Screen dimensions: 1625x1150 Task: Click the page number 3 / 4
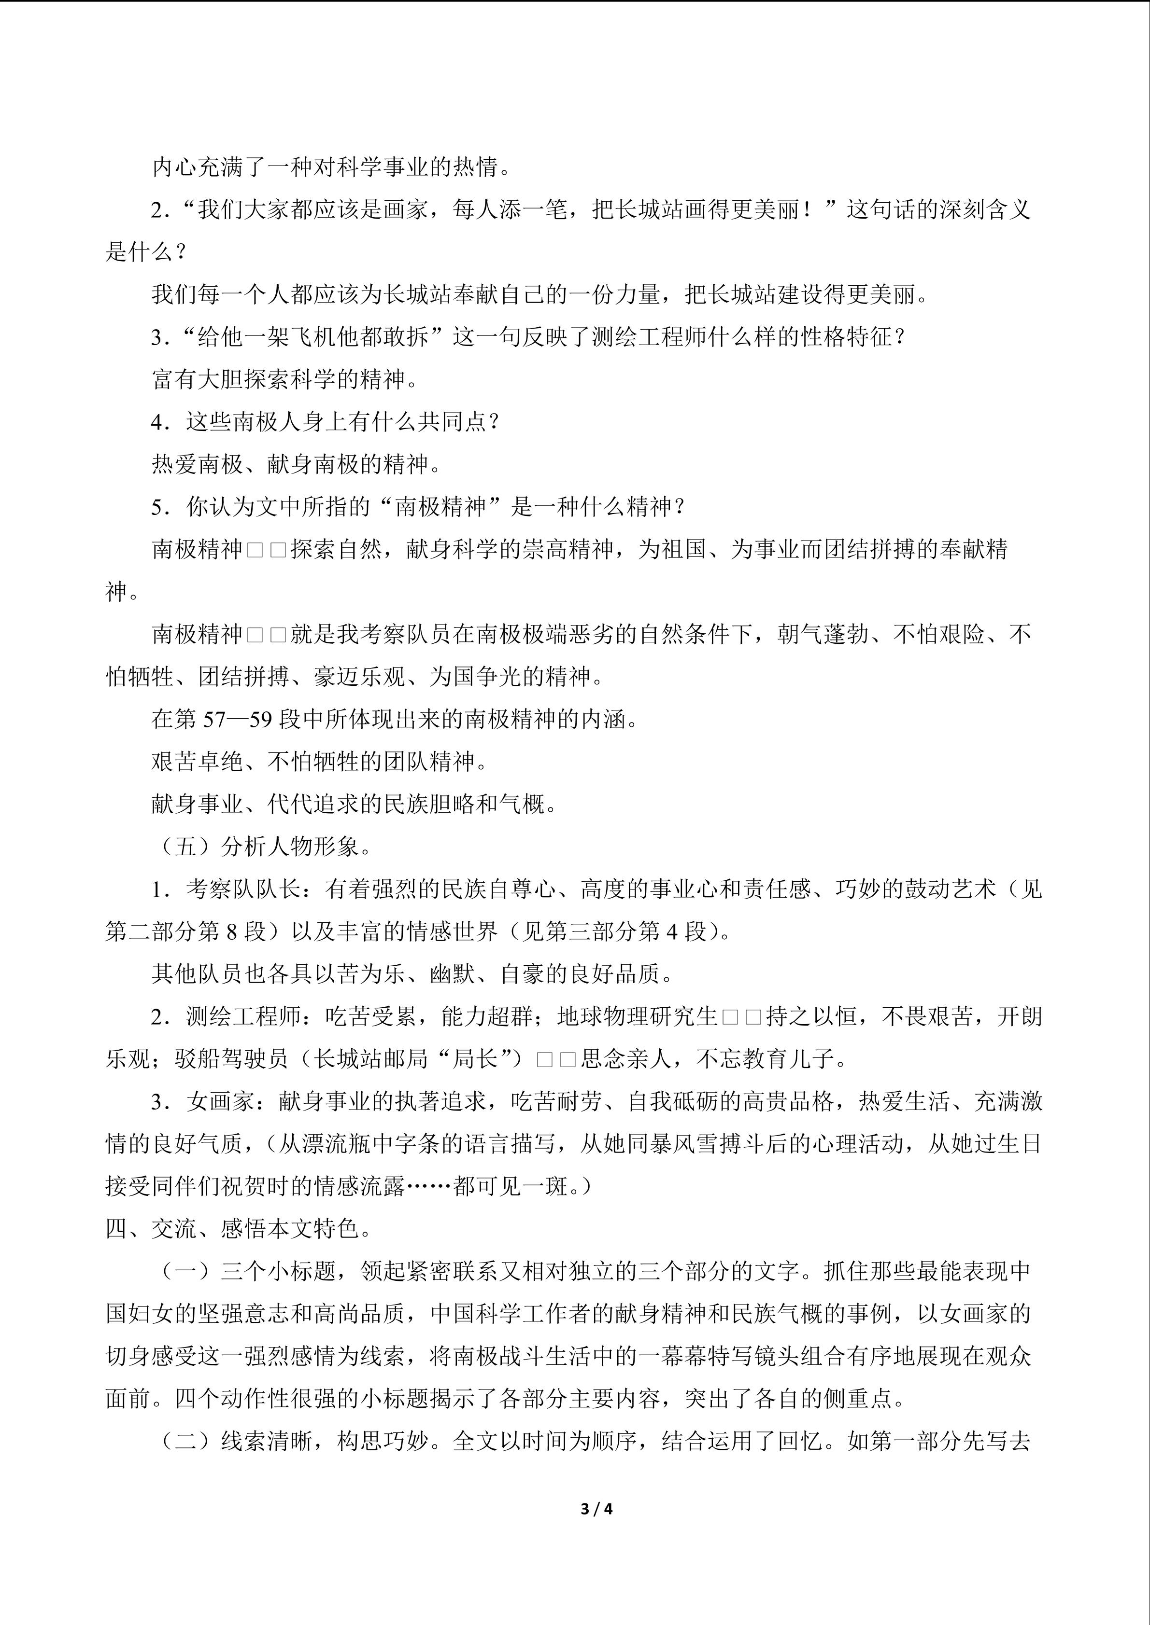(596, 1508)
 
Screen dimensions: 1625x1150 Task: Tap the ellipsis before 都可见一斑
(429, 1186)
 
